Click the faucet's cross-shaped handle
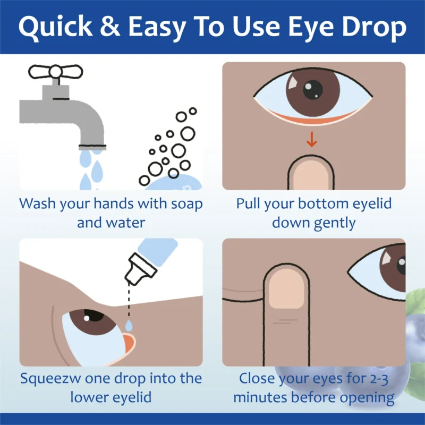point(55,71)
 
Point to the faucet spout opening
point(91,145)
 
